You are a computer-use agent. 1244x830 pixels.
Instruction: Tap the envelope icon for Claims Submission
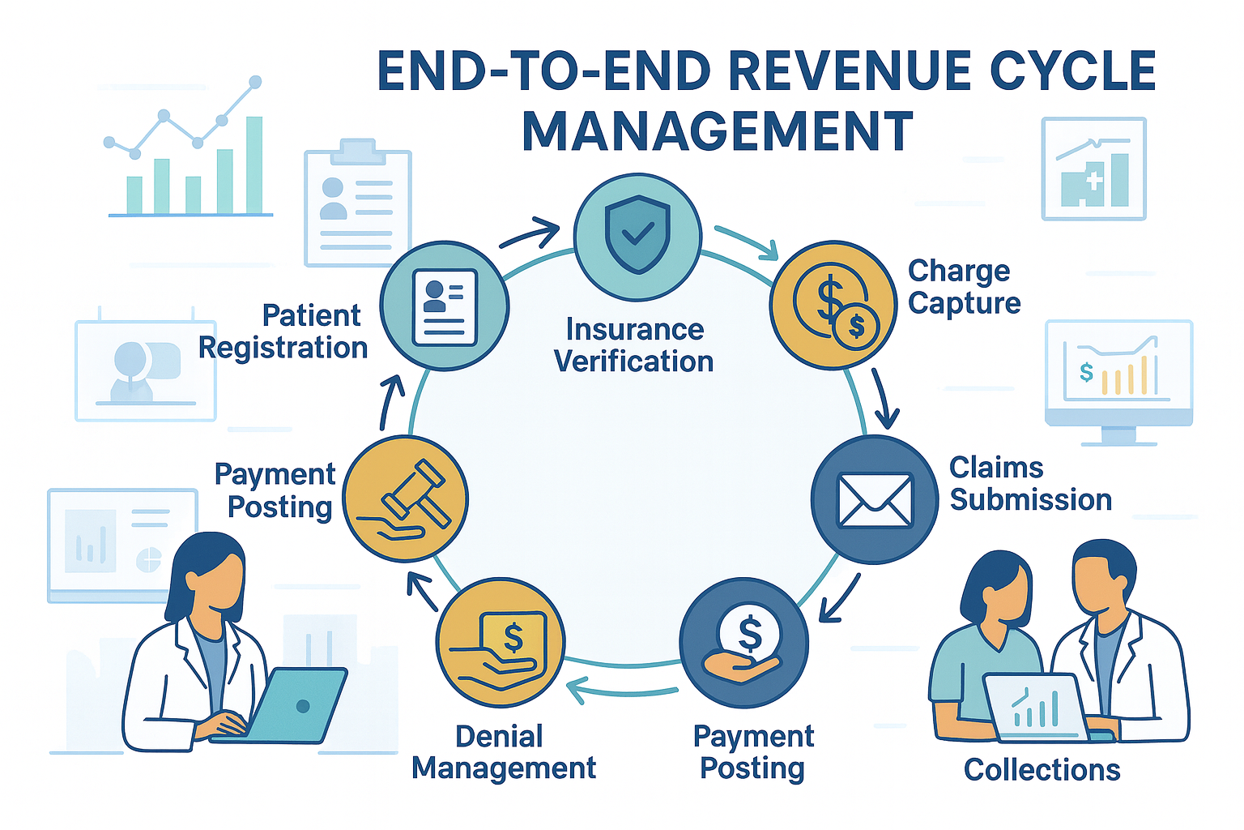(x=875, y=499)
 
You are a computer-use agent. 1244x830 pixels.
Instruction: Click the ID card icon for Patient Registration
(x=445, y=306)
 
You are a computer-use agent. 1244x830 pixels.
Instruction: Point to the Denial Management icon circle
(x=501, y=643)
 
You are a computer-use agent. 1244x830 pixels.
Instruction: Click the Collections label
(x=1042, y=769)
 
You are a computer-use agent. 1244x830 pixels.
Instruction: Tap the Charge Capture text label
(x=964, y=287)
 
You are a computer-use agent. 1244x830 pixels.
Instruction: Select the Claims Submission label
(x=1030, y=484)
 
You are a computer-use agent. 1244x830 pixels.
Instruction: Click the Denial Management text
(x=504, y=752)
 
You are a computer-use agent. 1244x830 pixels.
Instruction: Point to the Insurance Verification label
(x=634, y=345)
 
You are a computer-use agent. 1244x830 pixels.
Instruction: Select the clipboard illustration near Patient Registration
(x=357, y=207)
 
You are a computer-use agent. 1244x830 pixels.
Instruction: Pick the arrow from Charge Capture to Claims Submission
(x=884, y=398)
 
